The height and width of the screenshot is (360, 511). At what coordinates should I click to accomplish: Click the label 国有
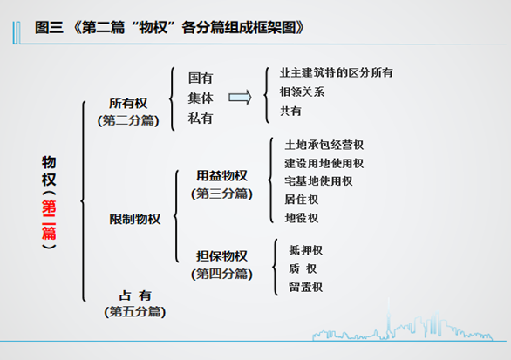click(x=201, y=78)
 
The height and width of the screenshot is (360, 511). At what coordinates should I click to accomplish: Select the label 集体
click(x=201, y=98)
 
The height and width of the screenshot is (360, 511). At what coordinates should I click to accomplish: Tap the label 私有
click(x=201, y=118)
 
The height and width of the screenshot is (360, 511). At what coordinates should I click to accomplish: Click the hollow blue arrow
click(x=240, y=98)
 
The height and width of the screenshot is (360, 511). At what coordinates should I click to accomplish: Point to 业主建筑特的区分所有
click(x=336, y=72)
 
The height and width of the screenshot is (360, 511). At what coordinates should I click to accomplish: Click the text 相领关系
click(x=302, y=92)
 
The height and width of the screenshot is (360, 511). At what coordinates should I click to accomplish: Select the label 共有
click(x=290, y=111)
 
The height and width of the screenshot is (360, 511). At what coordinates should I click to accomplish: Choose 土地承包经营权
click(x=324, y=145)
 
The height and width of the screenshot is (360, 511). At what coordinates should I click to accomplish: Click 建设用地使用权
click(x=324, y=163)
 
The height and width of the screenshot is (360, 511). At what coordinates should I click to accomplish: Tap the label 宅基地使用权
click(x=318, y=181)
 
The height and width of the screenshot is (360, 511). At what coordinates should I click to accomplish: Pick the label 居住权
click(x=301, y=200)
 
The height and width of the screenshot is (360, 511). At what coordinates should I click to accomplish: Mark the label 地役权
click(x=301, y=218)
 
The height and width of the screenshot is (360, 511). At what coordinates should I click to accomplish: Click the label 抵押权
click(x=306, y=250)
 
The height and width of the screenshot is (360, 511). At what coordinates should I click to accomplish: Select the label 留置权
click(x=306, y=287)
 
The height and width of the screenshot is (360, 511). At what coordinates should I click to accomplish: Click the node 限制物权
click(x=135, y=219)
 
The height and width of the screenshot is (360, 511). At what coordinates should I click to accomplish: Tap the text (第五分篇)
click(x=135, y=312)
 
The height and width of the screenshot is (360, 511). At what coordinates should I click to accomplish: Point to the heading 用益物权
click(x=221, y=176)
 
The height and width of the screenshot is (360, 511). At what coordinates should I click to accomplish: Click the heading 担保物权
click(x=221, y=256)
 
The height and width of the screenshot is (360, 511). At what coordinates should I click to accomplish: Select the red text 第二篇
click(x=49, y=220)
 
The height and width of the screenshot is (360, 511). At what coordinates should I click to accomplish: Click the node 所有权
click(x=128, y=104)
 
